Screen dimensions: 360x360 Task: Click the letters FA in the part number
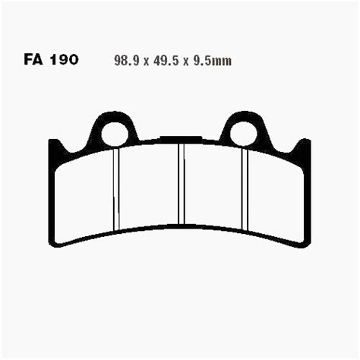click(33, 60)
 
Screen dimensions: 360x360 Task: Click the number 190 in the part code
click(64, 60)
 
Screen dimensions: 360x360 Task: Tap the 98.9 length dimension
click(127, 61)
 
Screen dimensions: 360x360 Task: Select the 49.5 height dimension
click(166, 61)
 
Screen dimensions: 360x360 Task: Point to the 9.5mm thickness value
click(212, 61)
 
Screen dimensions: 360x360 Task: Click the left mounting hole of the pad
click(115, 134)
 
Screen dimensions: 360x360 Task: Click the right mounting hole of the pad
click(244, 134)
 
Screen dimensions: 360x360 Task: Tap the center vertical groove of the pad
click(182, 184)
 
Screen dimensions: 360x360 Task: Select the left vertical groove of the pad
click(116, 190)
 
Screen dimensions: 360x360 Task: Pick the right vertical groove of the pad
click(245, 190)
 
